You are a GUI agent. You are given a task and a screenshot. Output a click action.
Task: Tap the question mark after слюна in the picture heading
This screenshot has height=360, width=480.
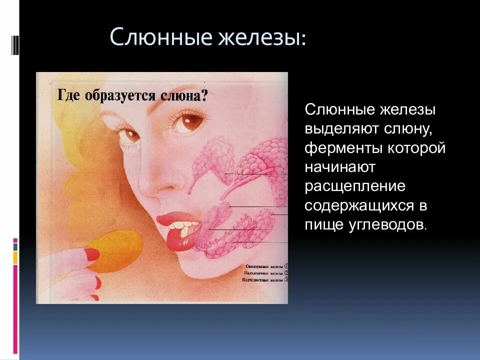pyautogui.click(x=203, y=96)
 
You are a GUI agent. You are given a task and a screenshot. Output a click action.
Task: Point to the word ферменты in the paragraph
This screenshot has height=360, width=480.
pyautogui.click(x=338, y=148)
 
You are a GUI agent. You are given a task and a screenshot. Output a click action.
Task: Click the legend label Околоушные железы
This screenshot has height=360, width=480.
pyautogui.click(x=262, y=266)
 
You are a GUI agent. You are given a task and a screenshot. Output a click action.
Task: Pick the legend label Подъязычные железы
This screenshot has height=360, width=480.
pyautogui.click(x=262, y=273)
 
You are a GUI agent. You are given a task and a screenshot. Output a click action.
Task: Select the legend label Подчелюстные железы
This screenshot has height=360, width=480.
pyautogui.click(x=262, y=280)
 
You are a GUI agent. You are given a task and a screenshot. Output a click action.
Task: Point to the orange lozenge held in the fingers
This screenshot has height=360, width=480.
pyautogui.click(x=109, y=252)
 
